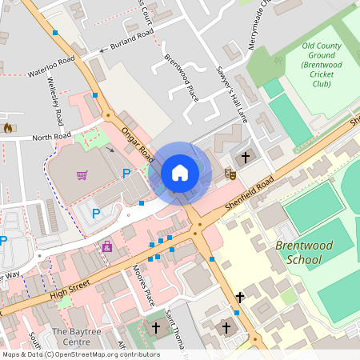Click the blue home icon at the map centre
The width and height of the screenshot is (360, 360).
(x=180, y=172)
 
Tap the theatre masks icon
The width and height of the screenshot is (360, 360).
(x=230, y=172)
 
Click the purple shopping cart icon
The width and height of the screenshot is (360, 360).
(x=82, y=175)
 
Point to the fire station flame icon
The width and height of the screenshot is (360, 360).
(x=8, y=127)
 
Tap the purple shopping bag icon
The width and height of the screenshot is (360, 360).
(x=107, y=247)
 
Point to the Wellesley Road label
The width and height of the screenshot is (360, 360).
(x=58, y=103)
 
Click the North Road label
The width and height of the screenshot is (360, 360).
(x=51, y=138)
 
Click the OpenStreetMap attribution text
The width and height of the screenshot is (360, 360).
(x=80, y=354)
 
